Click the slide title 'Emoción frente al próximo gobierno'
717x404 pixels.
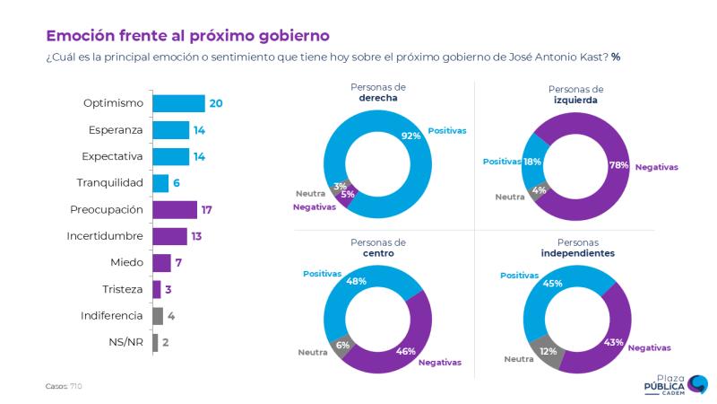187,35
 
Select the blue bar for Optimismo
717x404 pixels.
178,103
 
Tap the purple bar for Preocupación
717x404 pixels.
174,209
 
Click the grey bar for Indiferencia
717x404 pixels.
158,316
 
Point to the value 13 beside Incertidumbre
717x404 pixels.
197,236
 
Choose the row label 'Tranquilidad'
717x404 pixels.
110,183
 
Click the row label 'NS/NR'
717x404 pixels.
125,343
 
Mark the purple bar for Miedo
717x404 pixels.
161,263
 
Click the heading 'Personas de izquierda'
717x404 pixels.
574,95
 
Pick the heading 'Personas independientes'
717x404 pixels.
577,248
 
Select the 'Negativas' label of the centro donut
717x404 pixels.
439,362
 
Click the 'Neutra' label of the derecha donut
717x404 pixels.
310,193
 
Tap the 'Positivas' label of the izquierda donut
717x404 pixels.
502,162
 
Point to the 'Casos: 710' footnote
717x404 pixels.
64,386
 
